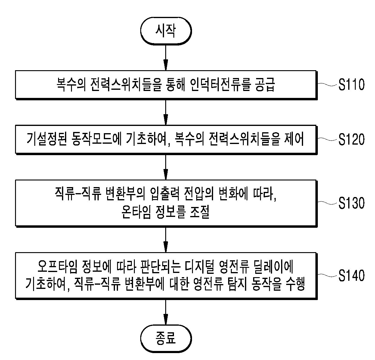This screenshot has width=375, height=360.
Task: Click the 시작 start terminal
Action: (x=166, y=31)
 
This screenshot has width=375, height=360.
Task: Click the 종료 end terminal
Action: (x=166, y=339)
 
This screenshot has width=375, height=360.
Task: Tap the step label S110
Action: (x=352, y=84)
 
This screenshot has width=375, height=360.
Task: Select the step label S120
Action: (x=352, y=139)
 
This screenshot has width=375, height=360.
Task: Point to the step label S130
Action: (x=352, y=203)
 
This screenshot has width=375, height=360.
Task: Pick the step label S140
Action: (x=352, y=275)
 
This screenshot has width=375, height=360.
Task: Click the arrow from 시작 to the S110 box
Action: (x=166, y=58)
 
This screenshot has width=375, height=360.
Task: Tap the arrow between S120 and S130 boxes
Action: (x=166, y=167)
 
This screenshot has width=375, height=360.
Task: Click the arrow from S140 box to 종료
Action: (x=166, y=312)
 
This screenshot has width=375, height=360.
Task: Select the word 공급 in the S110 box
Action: (x=265, y=84)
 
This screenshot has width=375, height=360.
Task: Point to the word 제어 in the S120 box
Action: (x=294, y=139)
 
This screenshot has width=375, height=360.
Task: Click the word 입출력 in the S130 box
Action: (x=165, y=194)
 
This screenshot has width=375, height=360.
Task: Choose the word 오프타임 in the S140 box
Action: (x=57, y=266)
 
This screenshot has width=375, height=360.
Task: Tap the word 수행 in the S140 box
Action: (x=295, y=284)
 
